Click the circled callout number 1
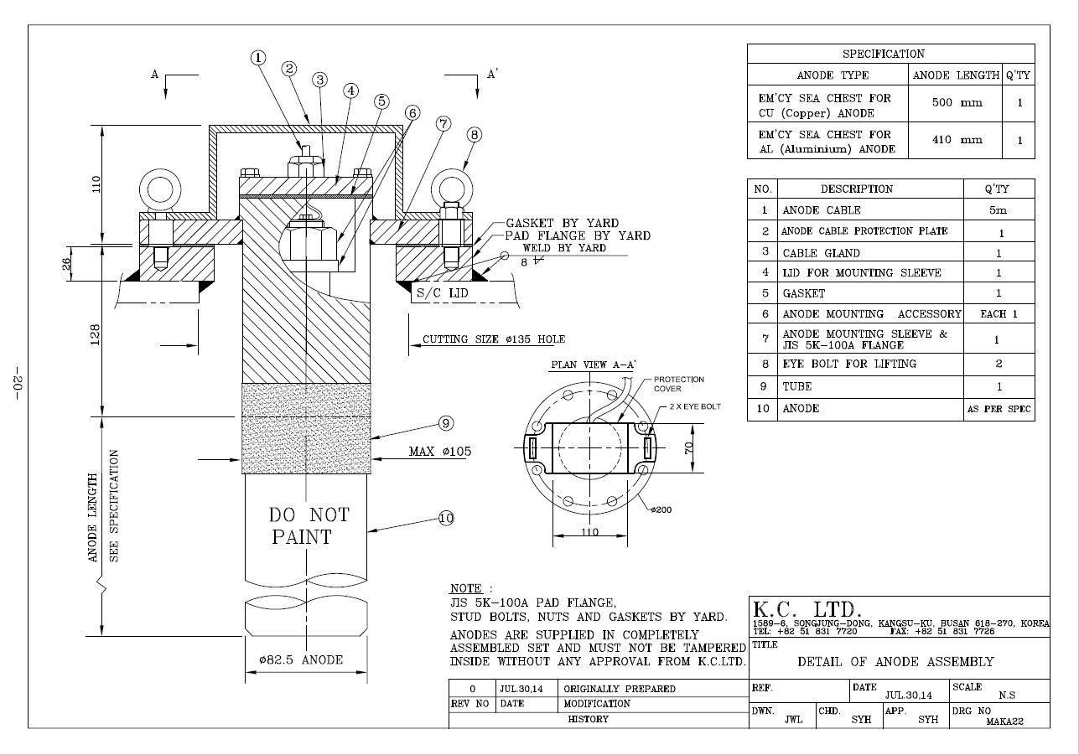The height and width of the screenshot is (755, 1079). click(x=258, y=58)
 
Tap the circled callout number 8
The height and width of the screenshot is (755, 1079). click(x=474, y=135)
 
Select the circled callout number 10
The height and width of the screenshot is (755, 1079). click(x=446, y=518)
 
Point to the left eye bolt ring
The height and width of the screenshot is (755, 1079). click(x=160, y=189)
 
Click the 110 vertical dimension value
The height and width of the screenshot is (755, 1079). click(x=96, y=184)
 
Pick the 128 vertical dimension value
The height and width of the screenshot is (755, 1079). click(x=96, y=334)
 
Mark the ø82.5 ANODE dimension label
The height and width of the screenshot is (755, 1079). click(x=301, y=659)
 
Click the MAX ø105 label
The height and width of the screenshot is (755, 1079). click(x=440, y=451)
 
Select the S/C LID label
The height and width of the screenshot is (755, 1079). click(x=442, y=293)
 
